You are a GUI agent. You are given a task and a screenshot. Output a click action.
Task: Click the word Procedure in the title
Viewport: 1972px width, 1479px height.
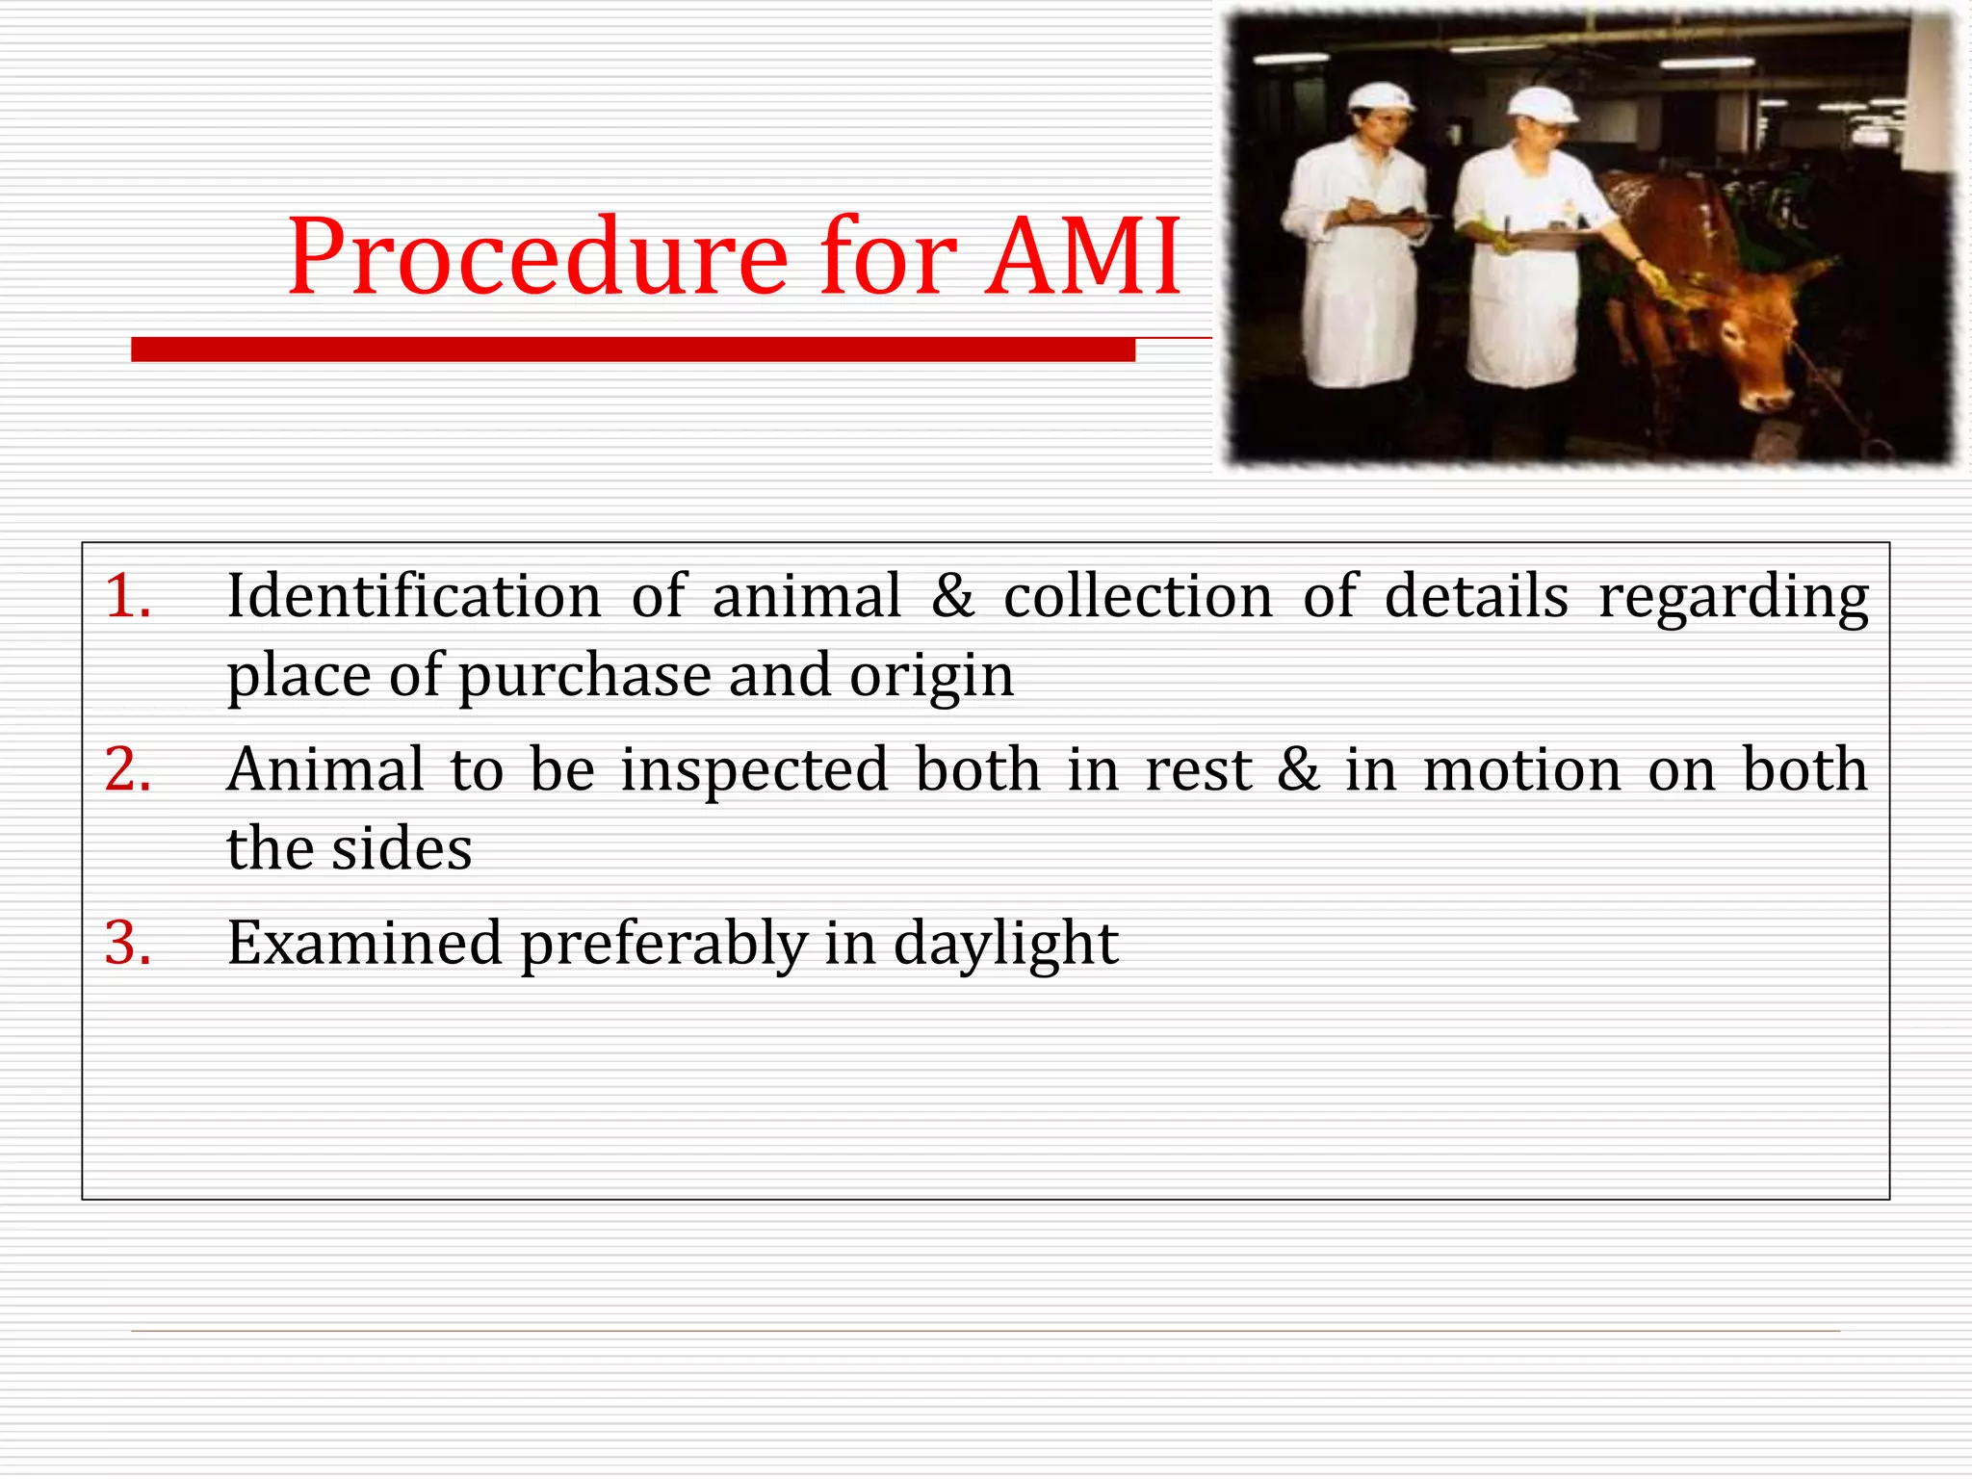(537, 258)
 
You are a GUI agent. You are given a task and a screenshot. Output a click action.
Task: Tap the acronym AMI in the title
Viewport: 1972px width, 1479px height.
(1083, 258)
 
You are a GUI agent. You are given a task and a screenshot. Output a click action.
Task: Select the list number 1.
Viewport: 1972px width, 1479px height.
(127, 596)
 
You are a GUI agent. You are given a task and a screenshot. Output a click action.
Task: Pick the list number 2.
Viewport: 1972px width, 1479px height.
(127, 769)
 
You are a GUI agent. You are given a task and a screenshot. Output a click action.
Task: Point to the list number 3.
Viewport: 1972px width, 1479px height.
(127, 943)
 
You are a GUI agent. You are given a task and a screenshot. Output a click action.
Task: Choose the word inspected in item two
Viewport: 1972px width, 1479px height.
(754, 771)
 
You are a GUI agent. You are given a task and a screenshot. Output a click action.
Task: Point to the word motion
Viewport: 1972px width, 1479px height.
(1522, 771)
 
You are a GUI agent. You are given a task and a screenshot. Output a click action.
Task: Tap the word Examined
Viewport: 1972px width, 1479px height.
(364, 943)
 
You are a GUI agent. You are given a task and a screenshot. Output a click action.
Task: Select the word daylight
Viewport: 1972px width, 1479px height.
(1005, 945)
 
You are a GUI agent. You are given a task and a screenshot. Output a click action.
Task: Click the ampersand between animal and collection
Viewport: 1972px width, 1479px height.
(952, 596)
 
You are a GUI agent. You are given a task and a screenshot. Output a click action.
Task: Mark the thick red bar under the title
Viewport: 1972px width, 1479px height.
(633, 350)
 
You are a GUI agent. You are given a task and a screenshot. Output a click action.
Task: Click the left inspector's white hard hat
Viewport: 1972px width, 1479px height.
(1380, 96)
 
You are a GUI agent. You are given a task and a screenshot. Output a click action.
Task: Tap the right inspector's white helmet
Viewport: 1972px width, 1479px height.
(1542, 104)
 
